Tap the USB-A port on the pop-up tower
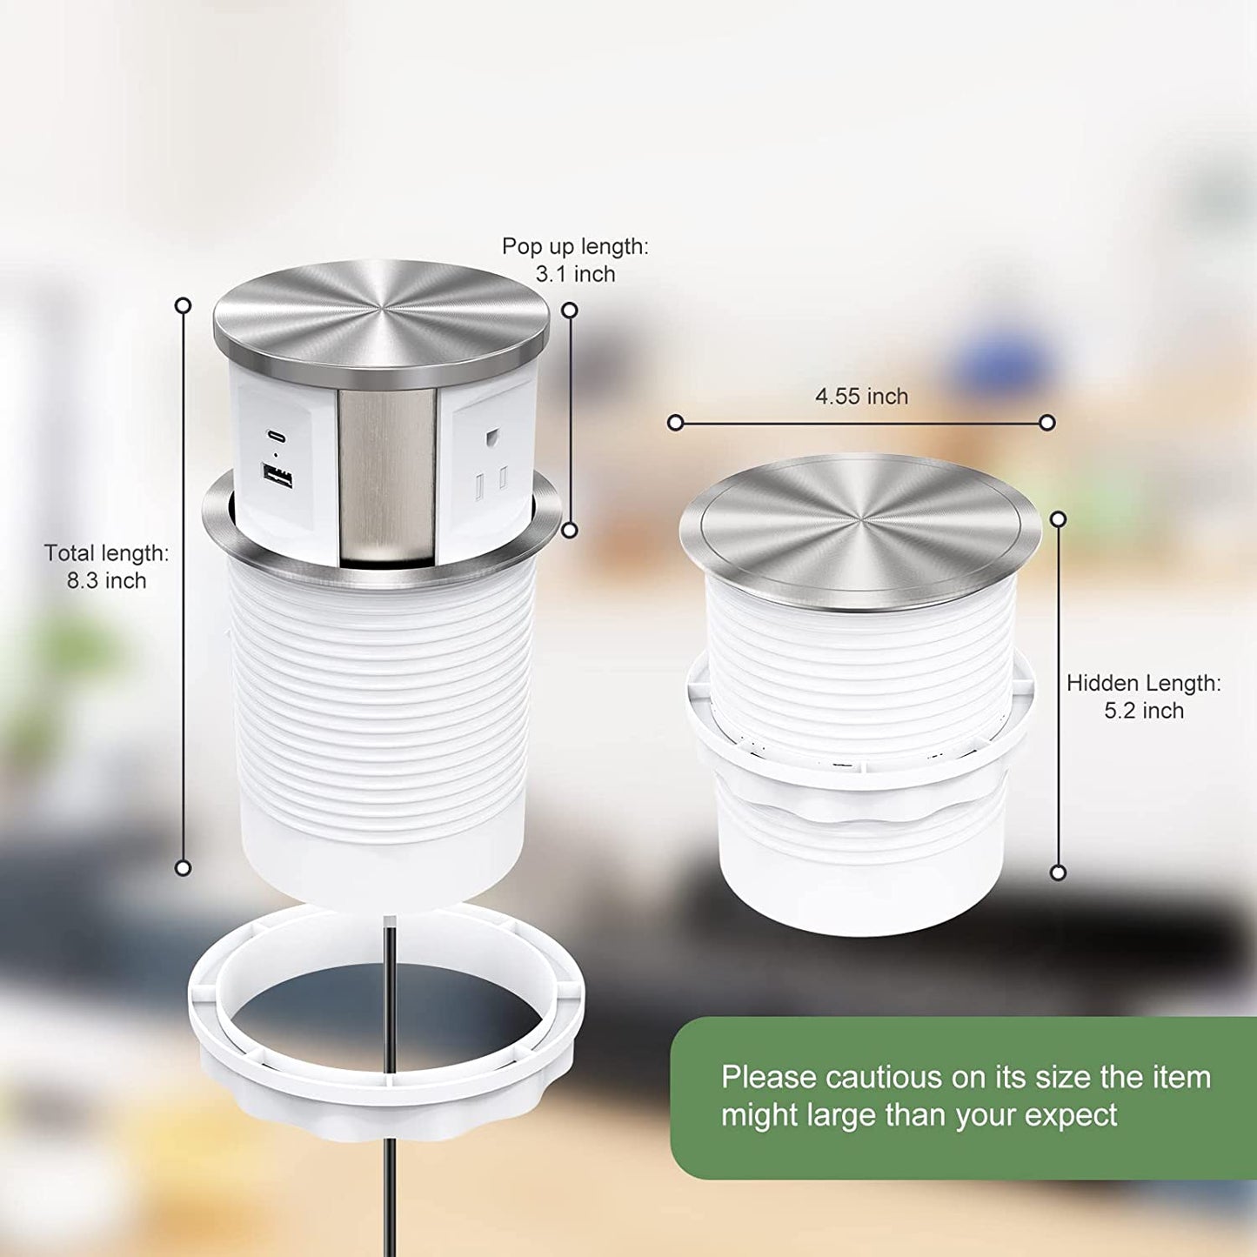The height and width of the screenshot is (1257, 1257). (x=277, y=476)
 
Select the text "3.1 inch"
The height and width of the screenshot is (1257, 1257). (x=575, y=275)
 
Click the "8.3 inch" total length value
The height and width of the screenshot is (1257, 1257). (x=106, y=580)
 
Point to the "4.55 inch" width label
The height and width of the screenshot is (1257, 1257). (x=862, y=396)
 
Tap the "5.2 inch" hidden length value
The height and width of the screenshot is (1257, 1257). (x=1144, y=711)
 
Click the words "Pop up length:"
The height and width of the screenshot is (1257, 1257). (x=575, y=246)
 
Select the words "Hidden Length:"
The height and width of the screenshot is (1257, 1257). (x=1144, y=683)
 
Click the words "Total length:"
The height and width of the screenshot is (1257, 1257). (x=106, y=553)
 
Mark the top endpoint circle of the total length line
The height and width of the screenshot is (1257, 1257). (x=184, y=305)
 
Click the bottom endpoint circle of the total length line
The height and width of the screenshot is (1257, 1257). (x=184, y=867)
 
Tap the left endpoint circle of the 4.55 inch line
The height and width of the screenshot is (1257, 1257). (x=676, y=423)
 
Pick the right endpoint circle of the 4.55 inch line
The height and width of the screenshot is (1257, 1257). (x=1047, y=423)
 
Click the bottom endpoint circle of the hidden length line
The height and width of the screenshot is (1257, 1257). (x=1059, y=873)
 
